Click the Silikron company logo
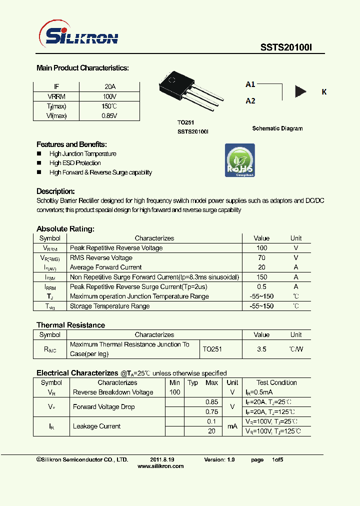click(78, 36)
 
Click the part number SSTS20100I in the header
click(285, 48)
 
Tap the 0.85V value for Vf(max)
click(109, 115)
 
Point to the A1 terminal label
click(250, 84)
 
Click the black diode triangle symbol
click(300, 91)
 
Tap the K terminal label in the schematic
click(324, 92)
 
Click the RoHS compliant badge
click(240, 160)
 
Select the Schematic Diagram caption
click(277, 128)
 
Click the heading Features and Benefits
click(71, 144)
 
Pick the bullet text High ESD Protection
click(75, 163)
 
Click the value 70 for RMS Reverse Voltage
click(261, 258)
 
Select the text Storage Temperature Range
click(109, 306)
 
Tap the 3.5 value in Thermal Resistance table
click(261, 349)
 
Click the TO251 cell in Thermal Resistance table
click(212, 349)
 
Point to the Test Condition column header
click(276, 382)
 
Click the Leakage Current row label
click(96, 426)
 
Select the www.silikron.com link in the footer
click(160, 466)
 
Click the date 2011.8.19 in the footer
click(162, 459)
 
